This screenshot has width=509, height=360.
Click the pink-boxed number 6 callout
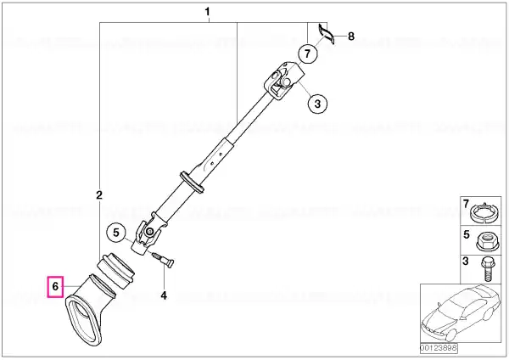click(x=55, y=287)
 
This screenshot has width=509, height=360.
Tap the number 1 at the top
click(x=207, y=13)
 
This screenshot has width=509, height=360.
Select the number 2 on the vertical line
click(x=99, y=195)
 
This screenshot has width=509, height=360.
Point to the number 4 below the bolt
click(x=164, y=295)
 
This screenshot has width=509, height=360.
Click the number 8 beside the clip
click(x=351, y=36)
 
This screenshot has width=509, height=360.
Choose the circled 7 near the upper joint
click(x=307, y=53)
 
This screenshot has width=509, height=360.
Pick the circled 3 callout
click(x=317, y=104)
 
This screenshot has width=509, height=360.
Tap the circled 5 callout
click(x=116, y=233)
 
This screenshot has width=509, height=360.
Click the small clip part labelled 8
click(x=325, y=32)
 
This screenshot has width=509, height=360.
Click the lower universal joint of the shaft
click(x=148, y=235)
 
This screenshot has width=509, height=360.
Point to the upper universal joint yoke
click(x=283, y=80)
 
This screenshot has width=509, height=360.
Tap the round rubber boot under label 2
click(x=118, y=270)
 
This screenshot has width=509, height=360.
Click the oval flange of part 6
click(x=84, y=321)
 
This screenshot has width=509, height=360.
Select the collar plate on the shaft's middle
click(x=192, y=182)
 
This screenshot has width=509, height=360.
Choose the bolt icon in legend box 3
click(x=486, y=268)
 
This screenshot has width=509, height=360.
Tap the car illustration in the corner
click(x=461, y=312)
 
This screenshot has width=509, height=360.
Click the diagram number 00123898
click(x=439, y=348)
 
